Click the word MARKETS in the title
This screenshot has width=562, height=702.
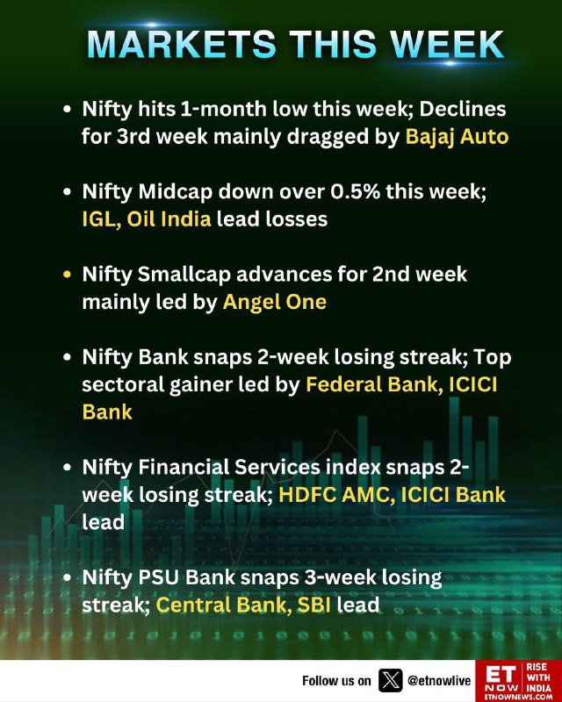(x=182, y=45)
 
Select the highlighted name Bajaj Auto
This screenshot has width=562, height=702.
(x=458, y=137)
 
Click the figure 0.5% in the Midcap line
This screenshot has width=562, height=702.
(x=356, y=191)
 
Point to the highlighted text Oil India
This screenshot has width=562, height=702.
(x=169, y=218)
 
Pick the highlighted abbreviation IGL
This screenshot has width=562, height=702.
(x=101, y=219)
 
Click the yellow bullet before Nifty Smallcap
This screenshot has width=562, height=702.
(x=68, y=274)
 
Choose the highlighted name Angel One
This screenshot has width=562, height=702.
(x=275, y=302)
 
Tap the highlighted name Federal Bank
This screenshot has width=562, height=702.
(x=371, y=384)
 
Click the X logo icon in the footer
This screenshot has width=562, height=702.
(x=391, y=681)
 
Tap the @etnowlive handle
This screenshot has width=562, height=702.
(x=439, y=681)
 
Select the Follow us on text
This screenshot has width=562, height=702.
(x=336, y=681)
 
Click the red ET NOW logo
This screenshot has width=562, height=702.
(x=518, y=681)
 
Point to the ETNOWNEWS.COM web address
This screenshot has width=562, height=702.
(x=518, y=697)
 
